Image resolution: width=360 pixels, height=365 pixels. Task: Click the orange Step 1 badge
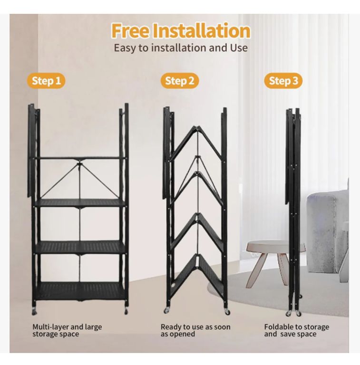click(x=46, y=81)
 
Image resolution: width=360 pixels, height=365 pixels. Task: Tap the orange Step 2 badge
click(x=180, y=81)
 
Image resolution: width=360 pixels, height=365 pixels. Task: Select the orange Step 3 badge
click(x=283, y=81)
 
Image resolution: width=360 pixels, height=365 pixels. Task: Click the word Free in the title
click(x=130, y=31)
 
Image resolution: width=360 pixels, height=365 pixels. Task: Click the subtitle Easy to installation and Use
click(x=180, y=48)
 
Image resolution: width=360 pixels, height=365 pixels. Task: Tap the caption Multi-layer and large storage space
click(x=67, y=331)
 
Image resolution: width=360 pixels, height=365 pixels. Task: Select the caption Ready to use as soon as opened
click(x=195, y=331)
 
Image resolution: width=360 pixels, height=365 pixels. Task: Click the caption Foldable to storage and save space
click(x=296, y=331)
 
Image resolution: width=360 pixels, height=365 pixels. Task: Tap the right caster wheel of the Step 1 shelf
click(x=126, y=311)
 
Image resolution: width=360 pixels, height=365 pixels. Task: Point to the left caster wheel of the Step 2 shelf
click(x=167, y=310)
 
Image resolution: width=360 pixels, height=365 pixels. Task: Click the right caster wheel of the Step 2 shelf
click(x=227, y=311)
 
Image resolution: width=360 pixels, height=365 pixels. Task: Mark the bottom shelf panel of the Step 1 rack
click(x=80, y=291)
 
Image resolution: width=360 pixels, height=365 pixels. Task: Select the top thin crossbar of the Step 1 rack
click(x=80, y=158)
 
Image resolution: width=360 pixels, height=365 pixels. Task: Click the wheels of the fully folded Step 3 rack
click(x=293, y=313)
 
